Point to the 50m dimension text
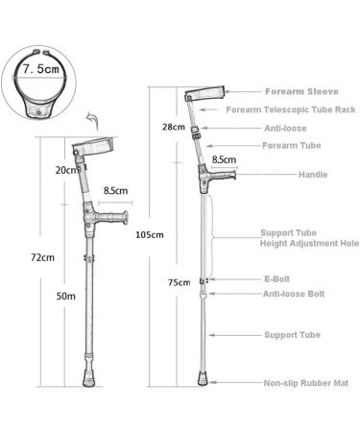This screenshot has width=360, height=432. point(66,297)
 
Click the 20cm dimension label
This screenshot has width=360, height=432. point(64,170)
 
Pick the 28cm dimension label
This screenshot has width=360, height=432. point(174,127)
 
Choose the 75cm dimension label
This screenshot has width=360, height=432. point(178,282)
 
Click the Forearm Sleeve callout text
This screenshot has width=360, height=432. point(297,92)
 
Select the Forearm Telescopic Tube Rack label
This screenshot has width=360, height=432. point(297,110)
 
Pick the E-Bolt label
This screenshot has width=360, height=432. point(276,280)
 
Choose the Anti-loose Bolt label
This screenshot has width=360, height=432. point(293,294)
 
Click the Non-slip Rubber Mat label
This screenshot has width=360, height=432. point(304,383)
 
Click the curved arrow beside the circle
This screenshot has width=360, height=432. point(92,120)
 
